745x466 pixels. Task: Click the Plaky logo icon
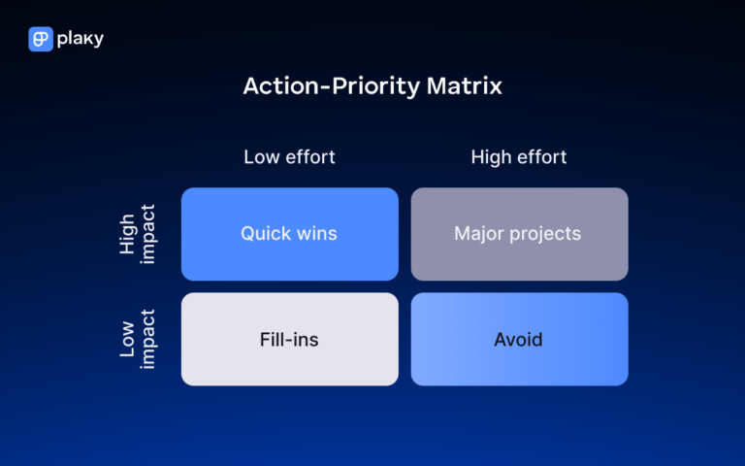pos(41,39)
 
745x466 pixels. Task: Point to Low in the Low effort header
pos(260,156)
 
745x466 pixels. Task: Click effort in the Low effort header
pos(308,156)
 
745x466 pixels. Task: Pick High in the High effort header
pos(492,156)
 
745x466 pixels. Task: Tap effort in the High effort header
pos(541,156)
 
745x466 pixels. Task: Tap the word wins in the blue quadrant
pos(316,234)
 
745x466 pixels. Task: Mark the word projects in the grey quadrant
pos(547,234)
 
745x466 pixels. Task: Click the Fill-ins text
pos(289,340)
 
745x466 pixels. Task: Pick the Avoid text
pos(519,340)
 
